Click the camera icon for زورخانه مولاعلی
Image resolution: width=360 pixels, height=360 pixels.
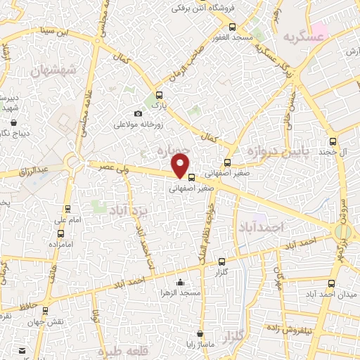(x=138, y=114)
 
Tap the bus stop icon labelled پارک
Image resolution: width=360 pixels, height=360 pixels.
(x=159, y=95)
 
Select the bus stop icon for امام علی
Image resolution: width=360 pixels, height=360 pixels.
(x=67, y=208)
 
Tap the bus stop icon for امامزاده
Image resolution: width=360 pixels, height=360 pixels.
(x=60, y=233)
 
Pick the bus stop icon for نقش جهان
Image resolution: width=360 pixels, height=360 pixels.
(x=46, y=309)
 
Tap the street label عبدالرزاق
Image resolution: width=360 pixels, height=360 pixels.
(x=33, y=169)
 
